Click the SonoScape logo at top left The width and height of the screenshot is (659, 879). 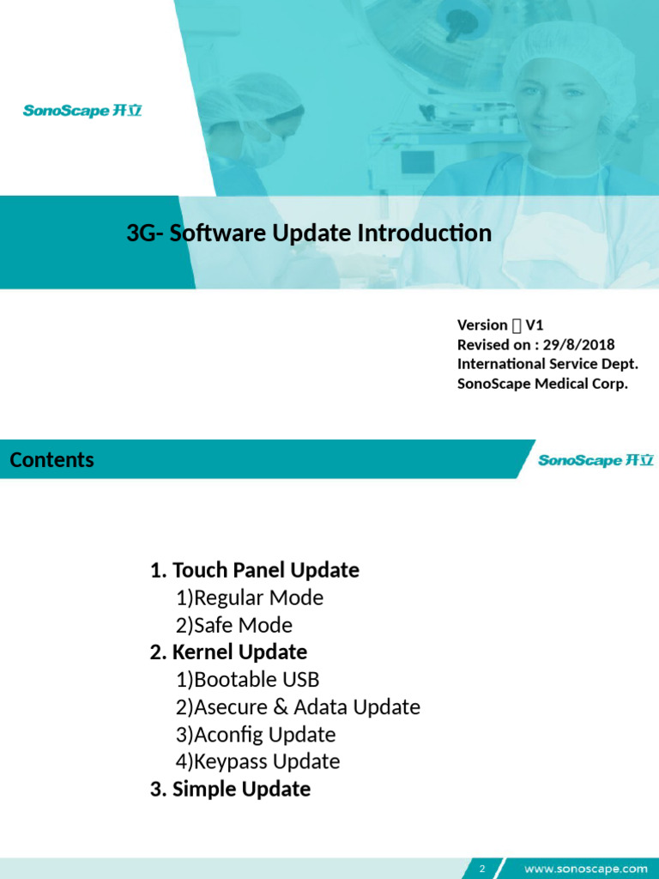point(82,111)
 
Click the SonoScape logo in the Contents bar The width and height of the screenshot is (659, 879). point(596,461)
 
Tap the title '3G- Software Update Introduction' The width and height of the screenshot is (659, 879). point(309,233)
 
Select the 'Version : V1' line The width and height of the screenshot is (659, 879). point(500,324)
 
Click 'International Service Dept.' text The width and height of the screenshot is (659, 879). point(547,364)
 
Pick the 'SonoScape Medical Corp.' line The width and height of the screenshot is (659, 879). point(542,384)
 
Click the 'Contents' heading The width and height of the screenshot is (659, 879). point(51,460)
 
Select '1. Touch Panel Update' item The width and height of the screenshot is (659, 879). point(254,570)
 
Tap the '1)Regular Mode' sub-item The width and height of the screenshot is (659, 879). point(250,597)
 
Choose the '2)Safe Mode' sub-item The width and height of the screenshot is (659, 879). point(234,625)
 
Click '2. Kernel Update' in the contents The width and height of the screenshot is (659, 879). point(228,652)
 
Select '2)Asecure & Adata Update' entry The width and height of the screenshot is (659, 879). point(298,707)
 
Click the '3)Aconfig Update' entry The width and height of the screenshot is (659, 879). point(256,735)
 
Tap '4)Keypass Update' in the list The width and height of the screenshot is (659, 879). point(258,761)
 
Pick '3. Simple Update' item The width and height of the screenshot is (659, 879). point(230,789)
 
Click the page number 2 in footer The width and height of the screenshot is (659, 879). point(482,869)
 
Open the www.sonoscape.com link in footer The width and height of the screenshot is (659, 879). point(585,869)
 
